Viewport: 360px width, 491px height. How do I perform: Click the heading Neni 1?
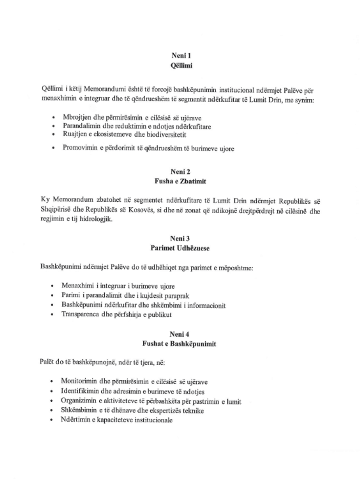tap(181, 56)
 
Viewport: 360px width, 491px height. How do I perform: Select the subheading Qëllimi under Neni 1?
tap(181, 66)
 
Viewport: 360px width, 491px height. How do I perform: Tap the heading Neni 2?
tap(180, 172)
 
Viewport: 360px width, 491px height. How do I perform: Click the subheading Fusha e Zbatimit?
tap(180, 181)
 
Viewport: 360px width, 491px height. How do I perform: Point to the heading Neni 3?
tap(180, 239)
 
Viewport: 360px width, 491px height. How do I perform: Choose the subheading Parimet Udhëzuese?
tap(180, 248)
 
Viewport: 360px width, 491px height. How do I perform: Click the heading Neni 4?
tap(179, 334)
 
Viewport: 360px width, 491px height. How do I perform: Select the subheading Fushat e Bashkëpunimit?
tap(179, 344)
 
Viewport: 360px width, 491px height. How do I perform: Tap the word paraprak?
tap(177, 295)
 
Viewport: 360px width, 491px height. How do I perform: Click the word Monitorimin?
tap(79, 381)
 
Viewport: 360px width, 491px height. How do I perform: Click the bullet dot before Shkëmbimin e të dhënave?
tap(52, 411)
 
